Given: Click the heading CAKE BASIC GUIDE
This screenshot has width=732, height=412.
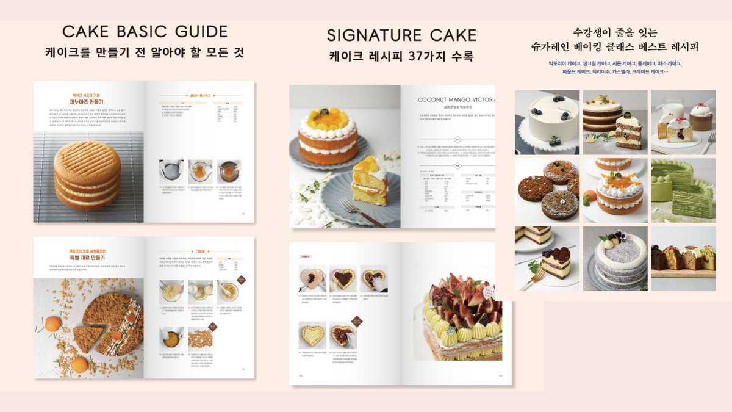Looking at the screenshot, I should point(145,31).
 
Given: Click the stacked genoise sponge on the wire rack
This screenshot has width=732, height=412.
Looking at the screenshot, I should point(87,174).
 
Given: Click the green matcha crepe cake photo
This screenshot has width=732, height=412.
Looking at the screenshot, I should point(683,189).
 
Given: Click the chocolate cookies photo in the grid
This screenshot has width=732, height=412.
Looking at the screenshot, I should point(547,189).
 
